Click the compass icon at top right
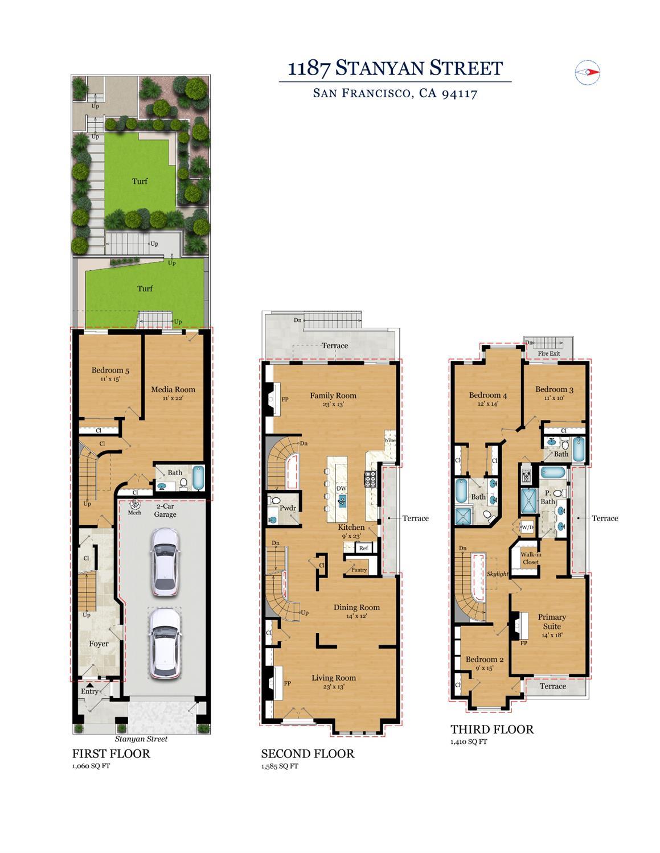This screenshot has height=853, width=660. coord(588,72)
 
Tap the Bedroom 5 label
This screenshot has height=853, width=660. coord(110,370)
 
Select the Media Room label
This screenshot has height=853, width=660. coord(173,390)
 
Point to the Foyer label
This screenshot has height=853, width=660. coord(99,644)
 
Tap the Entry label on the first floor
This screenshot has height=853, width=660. coord(89,691)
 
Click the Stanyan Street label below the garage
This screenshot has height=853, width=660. coord(141,739)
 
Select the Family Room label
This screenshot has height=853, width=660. coord(333,395)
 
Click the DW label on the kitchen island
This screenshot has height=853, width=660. coord(342,488)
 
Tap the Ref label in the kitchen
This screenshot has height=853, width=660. coord(363,549)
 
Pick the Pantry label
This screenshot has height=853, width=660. coord(359,570)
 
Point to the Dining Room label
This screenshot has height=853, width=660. coord(356,607)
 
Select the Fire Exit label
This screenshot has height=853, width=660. coord(549,353)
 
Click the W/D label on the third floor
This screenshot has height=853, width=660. coord(527,528)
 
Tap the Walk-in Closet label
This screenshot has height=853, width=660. coord(530,558)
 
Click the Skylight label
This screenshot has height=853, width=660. coord(498,574)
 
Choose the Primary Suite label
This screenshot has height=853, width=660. coord(552,621)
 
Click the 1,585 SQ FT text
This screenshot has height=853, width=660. coord(280,766)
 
